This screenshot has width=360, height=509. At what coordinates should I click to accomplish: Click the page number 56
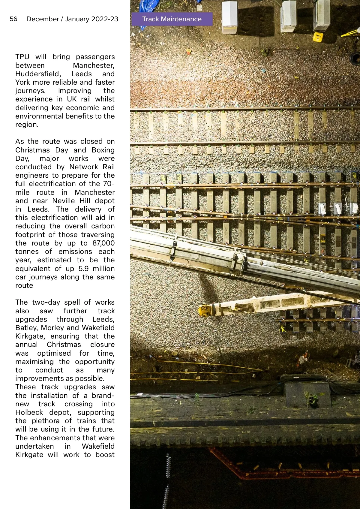click(13, 19)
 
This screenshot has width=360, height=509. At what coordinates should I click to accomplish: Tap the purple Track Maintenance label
click(172, 19)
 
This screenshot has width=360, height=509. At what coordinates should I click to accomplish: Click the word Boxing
click(103, 150)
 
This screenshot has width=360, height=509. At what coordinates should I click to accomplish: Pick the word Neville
click(64, 201)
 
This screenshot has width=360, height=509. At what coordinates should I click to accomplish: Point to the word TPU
click(22, 57)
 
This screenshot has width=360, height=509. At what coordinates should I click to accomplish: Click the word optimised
click(54, 353)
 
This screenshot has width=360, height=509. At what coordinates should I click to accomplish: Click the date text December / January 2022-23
click(72, 19)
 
